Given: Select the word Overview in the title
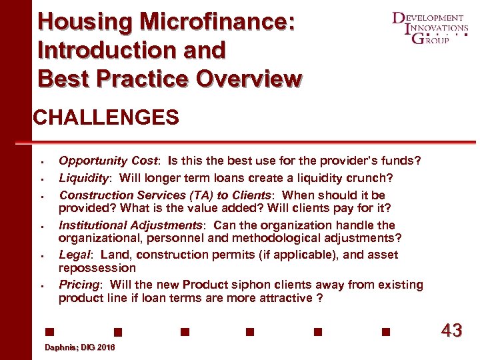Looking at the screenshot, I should (249, 78).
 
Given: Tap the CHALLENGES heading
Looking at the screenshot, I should (106, 119).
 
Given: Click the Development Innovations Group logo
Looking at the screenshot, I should (431, 27).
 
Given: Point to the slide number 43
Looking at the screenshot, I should (451, 330).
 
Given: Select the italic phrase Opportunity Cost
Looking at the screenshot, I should (109, 161).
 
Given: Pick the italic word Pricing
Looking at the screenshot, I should (79, 285).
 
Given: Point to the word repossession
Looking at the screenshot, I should (97, 268).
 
